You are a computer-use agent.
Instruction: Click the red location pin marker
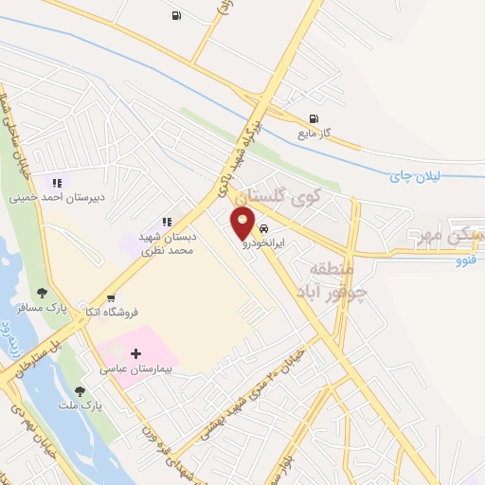pos(243,224)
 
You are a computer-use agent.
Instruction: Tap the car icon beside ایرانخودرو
pos(263,229)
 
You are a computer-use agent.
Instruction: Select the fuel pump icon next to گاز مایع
pos(314,119)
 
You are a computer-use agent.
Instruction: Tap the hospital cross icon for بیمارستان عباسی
pos(135,353)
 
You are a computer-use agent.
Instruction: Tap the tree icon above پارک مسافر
pos(42,293)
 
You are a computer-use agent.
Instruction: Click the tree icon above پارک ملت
pos(80,390)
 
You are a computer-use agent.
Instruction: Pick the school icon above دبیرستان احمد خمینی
pos(57,183)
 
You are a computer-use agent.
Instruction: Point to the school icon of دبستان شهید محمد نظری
pos(167,222)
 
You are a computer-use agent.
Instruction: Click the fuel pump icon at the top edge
pos(176,16)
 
